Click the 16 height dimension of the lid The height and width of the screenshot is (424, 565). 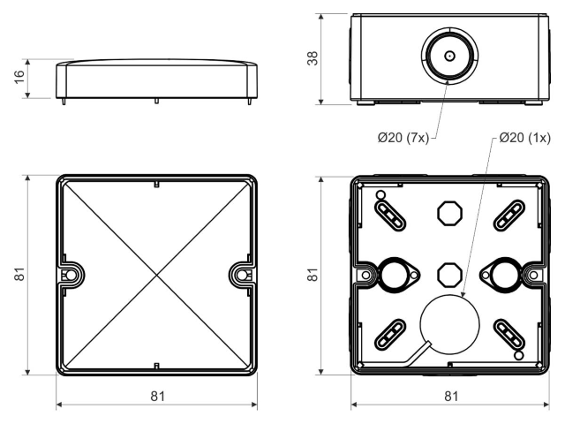(19, 77)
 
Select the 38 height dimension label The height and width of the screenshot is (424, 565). (313, 58)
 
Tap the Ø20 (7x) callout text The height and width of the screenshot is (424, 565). (403, 138)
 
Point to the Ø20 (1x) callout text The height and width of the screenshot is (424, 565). (525, 138)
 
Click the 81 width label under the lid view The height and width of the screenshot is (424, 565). (157, 397)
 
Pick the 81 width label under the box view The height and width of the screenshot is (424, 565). (451, 397)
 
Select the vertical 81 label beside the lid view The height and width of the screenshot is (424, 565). (19, 274)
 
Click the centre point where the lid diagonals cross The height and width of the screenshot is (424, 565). (157, 275)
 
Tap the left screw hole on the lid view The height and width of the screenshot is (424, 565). (71, 275)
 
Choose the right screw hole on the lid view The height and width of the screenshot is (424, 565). (243, 275)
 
